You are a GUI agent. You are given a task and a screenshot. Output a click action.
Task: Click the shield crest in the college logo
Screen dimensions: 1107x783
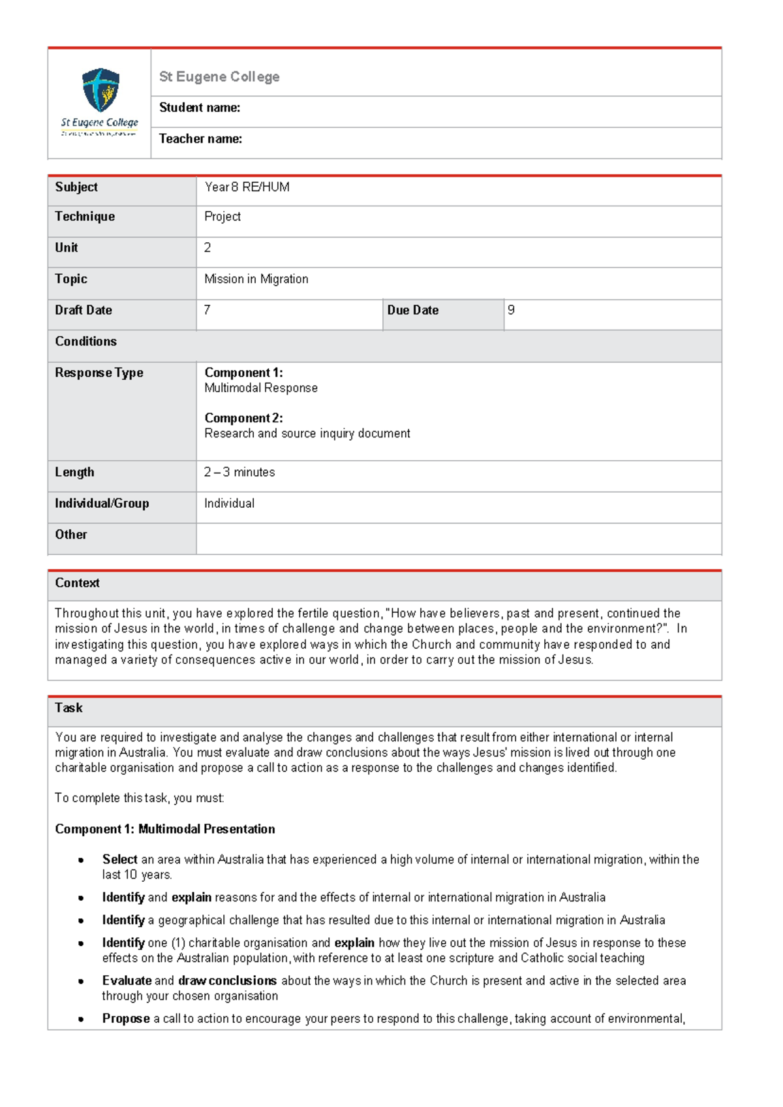click(100, 89)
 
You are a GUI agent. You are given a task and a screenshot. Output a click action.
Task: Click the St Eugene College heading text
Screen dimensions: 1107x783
click(219, 77)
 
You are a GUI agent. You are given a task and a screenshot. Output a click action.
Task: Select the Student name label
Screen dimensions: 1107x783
click(200, 108)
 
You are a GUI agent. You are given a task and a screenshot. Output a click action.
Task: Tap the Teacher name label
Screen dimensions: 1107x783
click(200, 139)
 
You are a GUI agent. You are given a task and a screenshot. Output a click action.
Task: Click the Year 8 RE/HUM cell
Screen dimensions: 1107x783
click(247, 187)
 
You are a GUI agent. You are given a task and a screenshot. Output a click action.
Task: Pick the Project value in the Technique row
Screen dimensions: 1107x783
click(223, 217)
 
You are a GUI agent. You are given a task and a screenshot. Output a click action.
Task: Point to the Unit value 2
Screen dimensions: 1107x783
click(207, 248)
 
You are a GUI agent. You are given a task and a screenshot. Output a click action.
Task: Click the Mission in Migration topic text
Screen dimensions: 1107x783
click(256, 279)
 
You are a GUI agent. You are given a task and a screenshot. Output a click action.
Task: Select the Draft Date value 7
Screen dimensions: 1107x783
click(207, 310)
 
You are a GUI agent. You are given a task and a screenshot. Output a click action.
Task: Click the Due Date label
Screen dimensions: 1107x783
click(412, 311)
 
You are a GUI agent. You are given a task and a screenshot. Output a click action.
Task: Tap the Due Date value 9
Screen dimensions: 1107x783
click(511, 310)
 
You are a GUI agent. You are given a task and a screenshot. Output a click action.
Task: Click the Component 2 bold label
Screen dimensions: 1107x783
click(243, 418)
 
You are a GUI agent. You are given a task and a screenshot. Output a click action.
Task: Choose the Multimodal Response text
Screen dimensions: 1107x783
click(261, 388)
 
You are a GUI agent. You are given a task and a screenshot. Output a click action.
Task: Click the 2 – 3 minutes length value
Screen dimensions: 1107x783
click(239, 473)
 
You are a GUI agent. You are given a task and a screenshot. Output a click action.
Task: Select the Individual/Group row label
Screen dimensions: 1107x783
click(102, 504)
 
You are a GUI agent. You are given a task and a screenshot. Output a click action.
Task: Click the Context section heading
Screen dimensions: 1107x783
click(77, 584)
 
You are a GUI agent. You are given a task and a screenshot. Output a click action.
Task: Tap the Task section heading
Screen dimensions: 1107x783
click(69, 708)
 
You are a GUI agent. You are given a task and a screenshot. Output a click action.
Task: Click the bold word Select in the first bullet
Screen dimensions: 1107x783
click(119, 860)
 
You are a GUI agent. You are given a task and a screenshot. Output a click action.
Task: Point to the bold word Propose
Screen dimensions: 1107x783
click(126, 1019)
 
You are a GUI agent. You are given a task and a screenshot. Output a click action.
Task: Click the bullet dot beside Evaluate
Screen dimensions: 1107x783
click(81, 982)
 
